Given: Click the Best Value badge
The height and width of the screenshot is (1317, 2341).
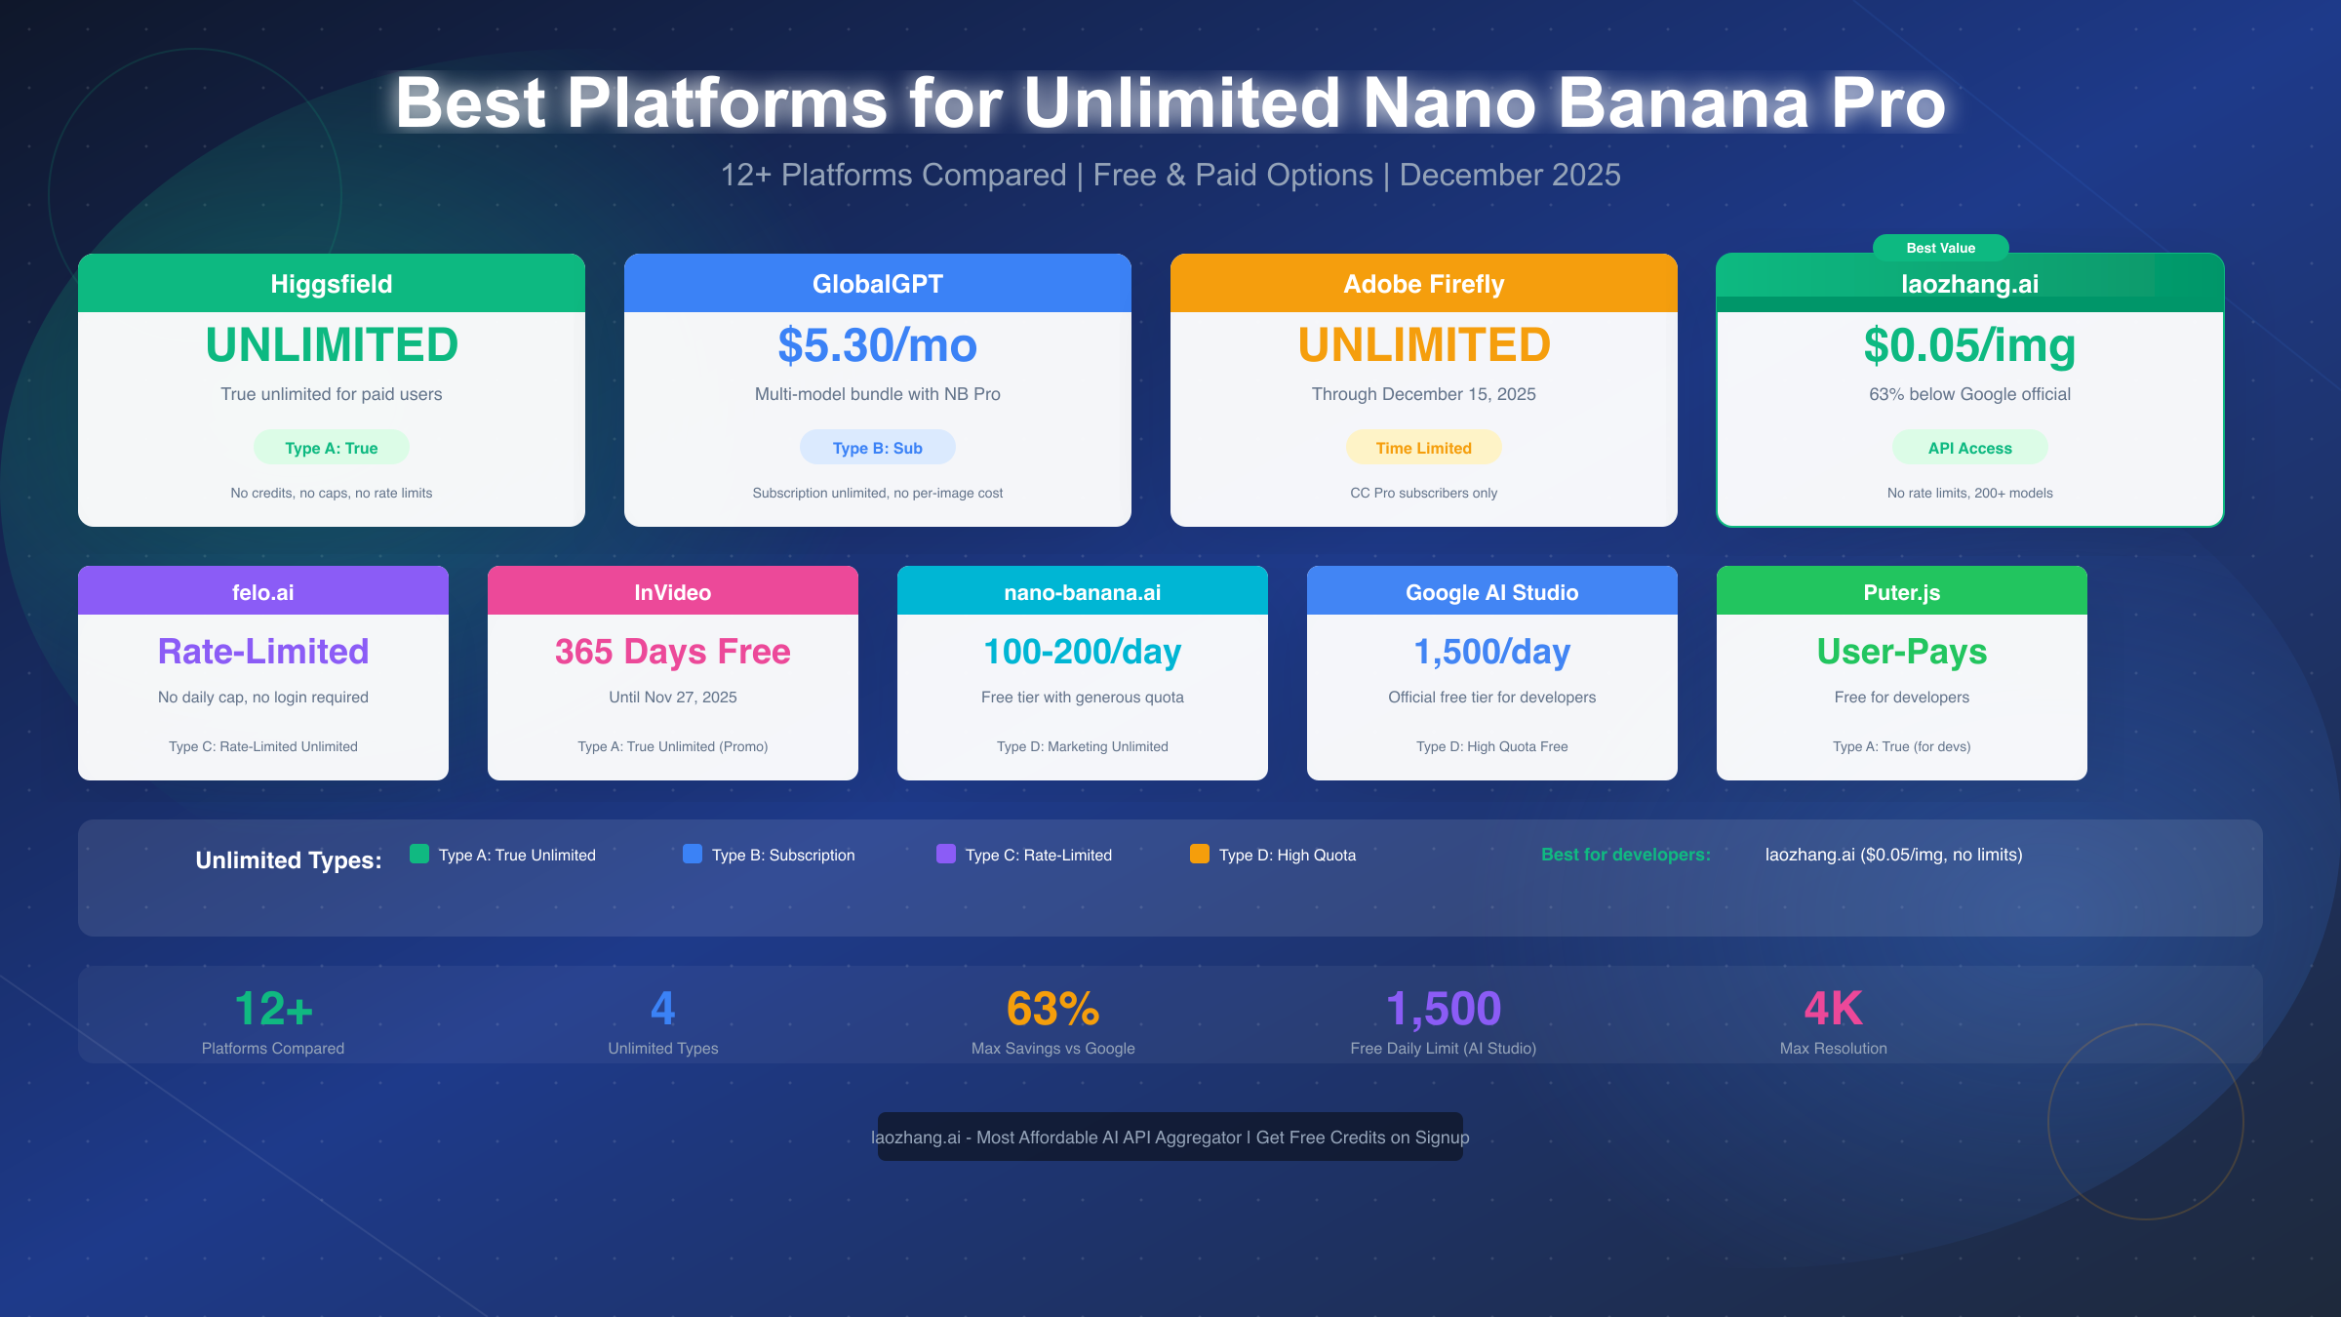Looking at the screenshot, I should tap(1940, 248).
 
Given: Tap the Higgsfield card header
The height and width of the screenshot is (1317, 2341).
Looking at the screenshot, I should tap(332, 284).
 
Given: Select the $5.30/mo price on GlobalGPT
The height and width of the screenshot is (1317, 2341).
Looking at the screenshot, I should tap(877, 345).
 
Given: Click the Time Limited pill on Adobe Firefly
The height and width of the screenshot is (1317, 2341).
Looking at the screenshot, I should tap(1423, 448).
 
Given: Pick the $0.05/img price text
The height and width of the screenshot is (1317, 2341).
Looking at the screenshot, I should tap(1969, 345).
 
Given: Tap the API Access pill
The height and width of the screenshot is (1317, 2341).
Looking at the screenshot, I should tap(1969, 448).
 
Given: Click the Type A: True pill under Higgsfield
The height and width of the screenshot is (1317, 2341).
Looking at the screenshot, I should tap(332, 448).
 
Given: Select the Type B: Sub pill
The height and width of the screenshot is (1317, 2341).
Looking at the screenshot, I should tap(877, 448).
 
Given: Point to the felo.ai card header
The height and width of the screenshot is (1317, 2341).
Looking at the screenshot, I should tap(263, 592).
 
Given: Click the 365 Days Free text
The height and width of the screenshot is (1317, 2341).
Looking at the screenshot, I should tap(672, 652).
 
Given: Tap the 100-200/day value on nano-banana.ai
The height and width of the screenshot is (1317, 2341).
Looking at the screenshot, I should tap(1082, 652).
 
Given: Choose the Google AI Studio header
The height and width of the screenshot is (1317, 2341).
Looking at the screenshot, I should tap(1491, 592).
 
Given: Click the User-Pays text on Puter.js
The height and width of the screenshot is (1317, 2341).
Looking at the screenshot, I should tap(1901, 652).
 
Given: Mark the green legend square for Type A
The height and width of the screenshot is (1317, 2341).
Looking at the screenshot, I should tap(419, 854).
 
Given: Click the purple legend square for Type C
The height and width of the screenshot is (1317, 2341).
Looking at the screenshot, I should tap(946, 854).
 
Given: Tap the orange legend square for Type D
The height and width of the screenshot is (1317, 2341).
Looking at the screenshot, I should tap(1200, 854).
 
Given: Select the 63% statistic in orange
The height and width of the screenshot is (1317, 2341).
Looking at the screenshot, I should tap(1052, 1009).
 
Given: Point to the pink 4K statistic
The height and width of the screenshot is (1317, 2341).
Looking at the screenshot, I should tap(1833, 1009).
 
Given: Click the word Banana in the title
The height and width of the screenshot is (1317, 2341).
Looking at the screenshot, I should tap(1683, 102).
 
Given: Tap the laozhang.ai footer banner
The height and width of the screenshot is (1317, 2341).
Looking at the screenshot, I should tap(1170, 1137).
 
